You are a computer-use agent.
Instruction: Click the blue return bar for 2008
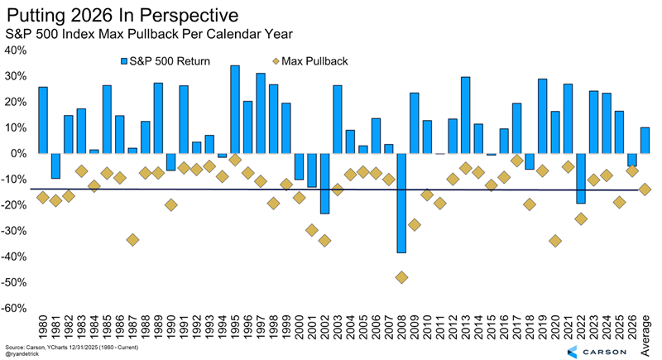click(401, 203)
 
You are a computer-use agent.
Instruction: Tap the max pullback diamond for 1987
click(132, 239)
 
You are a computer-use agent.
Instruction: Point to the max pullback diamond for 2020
click(555, 241)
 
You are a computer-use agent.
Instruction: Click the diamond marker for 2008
click(401, 277)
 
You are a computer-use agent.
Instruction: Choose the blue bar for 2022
click(581, 178)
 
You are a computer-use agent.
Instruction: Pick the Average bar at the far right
click(645, 140)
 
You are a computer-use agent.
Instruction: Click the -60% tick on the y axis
click(16, 308)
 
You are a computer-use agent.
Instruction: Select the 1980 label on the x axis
click(43, 327)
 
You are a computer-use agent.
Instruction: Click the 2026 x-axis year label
click(632, 327)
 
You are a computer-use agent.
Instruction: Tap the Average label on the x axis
click(645, 331)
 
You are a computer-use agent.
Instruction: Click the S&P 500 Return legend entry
click(165, 60)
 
